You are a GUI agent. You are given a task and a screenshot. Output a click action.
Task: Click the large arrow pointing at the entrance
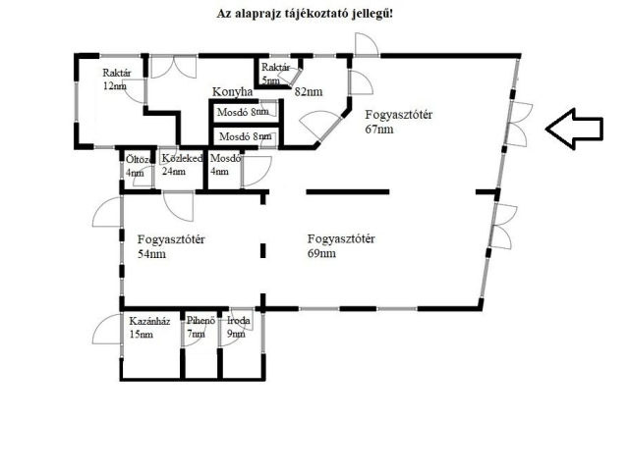point(574,129)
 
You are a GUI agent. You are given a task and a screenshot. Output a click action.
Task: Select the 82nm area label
point(308,91)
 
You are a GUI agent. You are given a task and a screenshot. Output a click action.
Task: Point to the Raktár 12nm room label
point(116,79)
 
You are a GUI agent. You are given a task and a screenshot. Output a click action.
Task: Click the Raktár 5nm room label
point(277,73)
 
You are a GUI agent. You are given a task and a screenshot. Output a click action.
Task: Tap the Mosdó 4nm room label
point(225,164)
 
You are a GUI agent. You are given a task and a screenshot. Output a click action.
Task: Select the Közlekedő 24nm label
point(181,164)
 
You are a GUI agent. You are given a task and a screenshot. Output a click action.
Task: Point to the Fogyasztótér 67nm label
point(399,122)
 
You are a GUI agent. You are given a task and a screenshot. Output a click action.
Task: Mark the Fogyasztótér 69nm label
point(341,245)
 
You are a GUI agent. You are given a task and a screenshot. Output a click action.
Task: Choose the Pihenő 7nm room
point(200,328)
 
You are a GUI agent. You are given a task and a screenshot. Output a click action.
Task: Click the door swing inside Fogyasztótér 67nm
point(319,126)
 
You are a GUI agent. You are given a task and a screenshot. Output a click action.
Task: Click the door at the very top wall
point(365,45)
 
